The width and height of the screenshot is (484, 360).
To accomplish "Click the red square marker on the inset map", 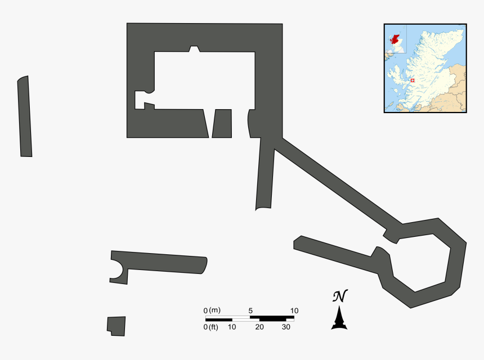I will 413,80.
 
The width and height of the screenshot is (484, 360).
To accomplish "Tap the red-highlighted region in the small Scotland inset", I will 395,41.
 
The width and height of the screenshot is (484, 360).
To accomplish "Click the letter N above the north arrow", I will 339,296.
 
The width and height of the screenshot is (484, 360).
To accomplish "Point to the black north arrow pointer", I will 339,318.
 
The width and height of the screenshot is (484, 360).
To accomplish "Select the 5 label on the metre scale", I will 250,310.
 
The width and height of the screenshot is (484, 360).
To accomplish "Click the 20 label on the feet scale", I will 259,327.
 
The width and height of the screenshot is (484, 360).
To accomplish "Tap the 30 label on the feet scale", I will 286,327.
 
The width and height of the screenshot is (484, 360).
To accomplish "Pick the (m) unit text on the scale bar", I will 214,310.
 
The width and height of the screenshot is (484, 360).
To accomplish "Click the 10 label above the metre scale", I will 294,310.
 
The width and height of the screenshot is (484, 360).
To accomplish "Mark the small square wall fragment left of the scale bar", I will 116,326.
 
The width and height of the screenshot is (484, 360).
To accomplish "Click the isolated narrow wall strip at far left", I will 24,116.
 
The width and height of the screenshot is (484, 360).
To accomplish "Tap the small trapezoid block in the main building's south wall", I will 222,124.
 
